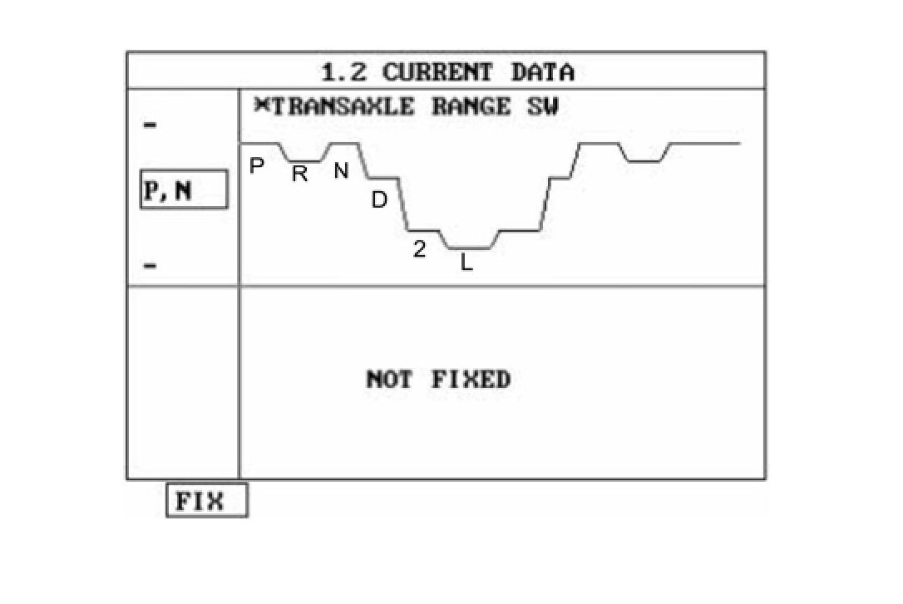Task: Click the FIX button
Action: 206,501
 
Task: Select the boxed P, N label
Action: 182,190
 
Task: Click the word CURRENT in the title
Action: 437,71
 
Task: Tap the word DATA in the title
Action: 542,71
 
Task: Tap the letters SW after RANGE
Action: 542,107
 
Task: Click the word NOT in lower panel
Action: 388,380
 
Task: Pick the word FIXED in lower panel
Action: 471,380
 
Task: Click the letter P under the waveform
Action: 257,166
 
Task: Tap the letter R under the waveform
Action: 299,174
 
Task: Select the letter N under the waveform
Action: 341,171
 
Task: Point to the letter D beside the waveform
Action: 379,200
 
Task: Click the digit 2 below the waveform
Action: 420,248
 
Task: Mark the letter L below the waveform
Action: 466,265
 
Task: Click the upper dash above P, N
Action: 150,125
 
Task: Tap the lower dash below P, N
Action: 150,266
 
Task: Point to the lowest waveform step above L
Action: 469,248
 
